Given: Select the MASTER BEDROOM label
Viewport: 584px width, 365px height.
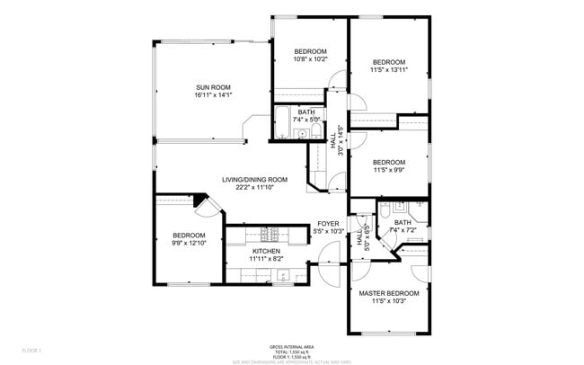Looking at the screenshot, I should point(389,293).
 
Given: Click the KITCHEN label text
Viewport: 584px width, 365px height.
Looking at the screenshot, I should point(266,251).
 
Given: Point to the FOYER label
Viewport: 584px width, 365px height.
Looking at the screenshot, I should point(328,225).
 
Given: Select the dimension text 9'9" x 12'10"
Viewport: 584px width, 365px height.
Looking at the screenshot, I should point(189,243).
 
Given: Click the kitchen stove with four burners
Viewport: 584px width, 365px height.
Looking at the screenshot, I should point(266,234).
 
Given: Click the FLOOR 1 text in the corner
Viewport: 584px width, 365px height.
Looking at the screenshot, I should point(32,349).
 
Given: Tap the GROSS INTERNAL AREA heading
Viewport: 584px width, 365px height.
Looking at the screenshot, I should point(291,346).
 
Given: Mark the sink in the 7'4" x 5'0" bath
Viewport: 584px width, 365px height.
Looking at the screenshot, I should point(303,136).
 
